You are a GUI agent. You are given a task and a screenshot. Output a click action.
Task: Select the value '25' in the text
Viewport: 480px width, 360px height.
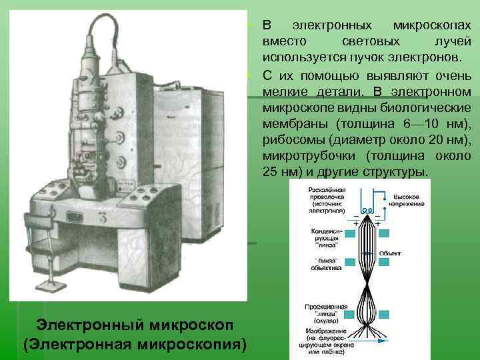pos(269,171)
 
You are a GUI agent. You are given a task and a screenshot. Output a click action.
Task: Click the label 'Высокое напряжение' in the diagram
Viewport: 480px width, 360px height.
pos(405,200)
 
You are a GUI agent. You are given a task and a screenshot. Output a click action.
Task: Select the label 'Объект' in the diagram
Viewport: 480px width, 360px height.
pos(390,253)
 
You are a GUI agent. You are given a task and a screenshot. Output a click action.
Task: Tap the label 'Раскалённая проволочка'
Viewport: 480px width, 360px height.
pos(326,193)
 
